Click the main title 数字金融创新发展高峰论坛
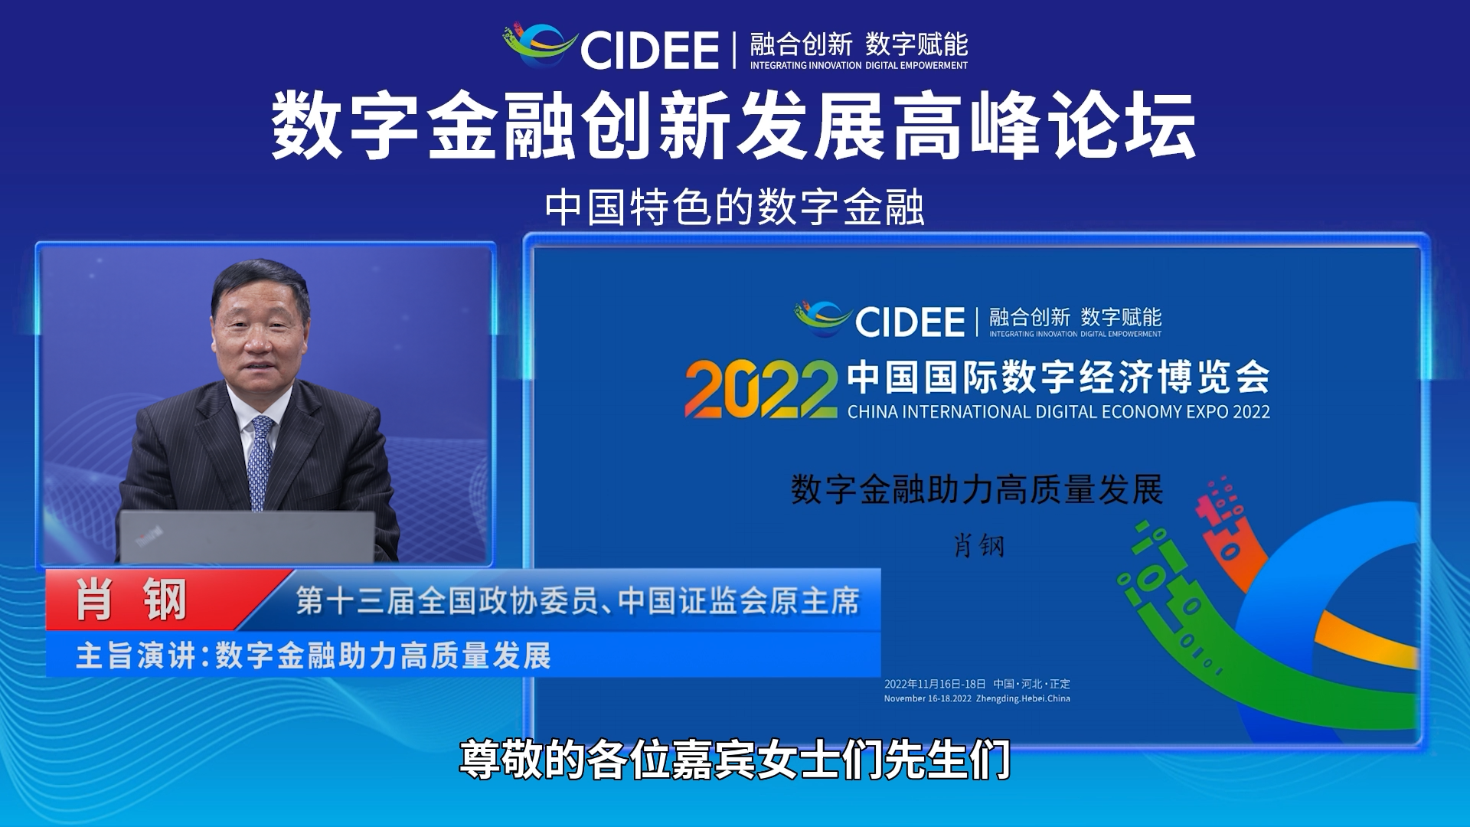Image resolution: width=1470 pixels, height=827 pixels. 734,126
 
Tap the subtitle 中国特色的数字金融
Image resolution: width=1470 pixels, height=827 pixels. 735,208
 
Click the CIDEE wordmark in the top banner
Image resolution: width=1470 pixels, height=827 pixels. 649,51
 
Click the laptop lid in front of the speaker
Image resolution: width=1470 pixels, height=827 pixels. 247,537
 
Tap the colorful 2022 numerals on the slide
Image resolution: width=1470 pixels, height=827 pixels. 761,390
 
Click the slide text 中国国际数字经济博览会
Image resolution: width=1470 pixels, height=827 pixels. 1059,377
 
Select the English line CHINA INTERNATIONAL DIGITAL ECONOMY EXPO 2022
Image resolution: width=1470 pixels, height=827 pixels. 1058,412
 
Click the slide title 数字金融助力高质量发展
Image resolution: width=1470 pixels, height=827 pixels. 977,490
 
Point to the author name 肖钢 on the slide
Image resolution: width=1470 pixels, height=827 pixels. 978,546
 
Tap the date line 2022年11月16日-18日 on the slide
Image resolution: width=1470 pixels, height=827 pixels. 935,684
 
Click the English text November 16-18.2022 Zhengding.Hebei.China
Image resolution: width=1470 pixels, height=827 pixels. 977,698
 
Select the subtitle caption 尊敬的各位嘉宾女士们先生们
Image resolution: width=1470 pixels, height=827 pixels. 735,760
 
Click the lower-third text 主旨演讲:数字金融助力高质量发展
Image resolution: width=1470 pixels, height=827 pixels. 313,656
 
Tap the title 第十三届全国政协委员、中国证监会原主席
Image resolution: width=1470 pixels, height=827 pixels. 578,602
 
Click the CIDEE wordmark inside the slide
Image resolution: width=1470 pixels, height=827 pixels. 910,322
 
